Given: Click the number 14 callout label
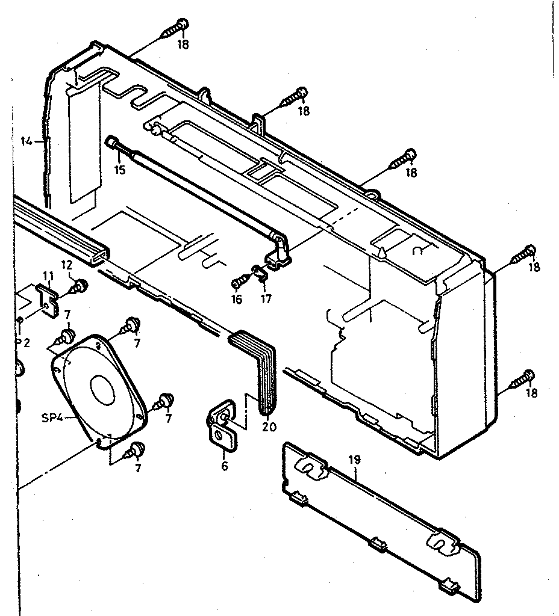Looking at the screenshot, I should (x=26, y=141).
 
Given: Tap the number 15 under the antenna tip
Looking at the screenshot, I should (x=120, y=170).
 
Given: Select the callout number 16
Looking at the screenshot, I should (x=237, y=299).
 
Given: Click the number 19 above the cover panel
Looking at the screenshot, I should (x=354, y=460).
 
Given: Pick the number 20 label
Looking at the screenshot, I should (x=269, y=427).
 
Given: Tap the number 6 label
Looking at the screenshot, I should (x=225, y=466).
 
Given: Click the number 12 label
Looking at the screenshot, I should (x=67, y=264).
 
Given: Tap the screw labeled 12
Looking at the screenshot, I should (x=80, y=286).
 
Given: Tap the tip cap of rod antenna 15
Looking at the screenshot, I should (x=113, y=142).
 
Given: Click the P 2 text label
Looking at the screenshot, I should (x=23, y=342).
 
